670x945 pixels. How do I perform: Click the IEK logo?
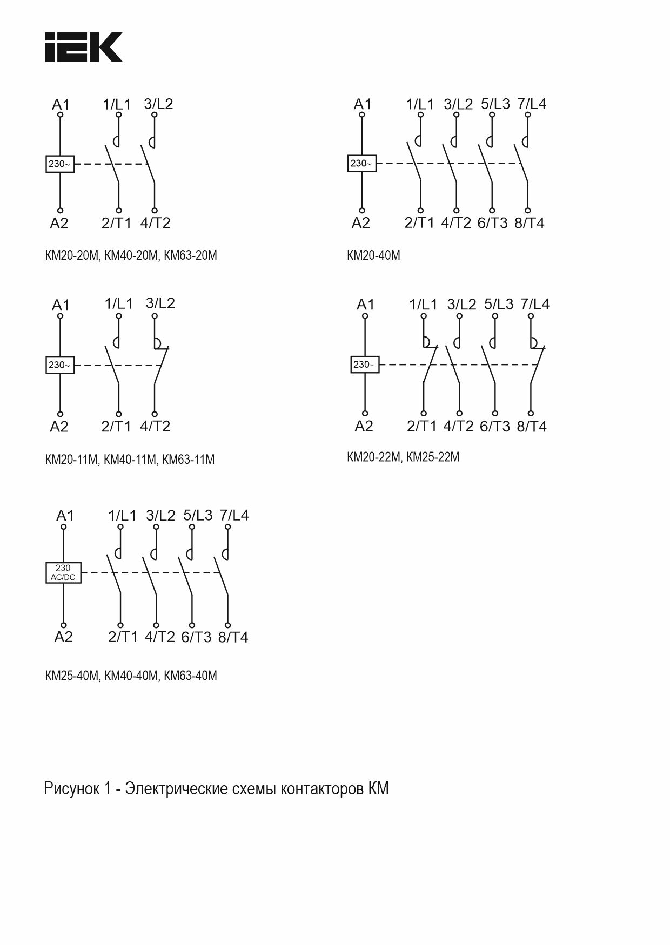tap(83, 47)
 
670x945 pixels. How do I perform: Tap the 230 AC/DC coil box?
tap(63, 572)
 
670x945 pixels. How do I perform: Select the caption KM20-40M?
tap(373, 255)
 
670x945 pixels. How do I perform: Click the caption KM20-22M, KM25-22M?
tap(403, 457)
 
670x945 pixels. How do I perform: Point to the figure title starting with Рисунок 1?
tap(216, 789)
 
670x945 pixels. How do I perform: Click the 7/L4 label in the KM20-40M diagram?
tap(532, 104)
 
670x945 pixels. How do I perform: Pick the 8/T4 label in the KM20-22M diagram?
tap(532, 427)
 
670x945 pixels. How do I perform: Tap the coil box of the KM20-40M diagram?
tap(361, 163)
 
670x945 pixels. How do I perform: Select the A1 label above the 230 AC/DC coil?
tap(65, 516)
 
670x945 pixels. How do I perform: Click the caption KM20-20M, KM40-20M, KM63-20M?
tap(131, 255)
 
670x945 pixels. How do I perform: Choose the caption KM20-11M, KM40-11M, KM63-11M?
tap(130, 460)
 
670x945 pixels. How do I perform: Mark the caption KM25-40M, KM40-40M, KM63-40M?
tap(131, 676)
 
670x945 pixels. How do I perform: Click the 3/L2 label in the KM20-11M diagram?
tap(160, 303)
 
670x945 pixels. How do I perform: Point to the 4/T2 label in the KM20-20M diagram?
tap(155, 223)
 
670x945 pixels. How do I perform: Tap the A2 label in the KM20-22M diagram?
tap(364, 427)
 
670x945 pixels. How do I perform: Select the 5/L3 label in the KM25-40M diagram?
tap(198, 515)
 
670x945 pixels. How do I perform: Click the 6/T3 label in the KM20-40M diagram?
tap(492, 223)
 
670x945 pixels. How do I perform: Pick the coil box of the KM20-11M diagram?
tap(59, 365)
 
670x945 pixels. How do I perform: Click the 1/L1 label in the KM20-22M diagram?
tap(423, 305)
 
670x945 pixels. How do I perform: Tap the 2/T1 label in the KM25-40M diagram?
tap(123, 637)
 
